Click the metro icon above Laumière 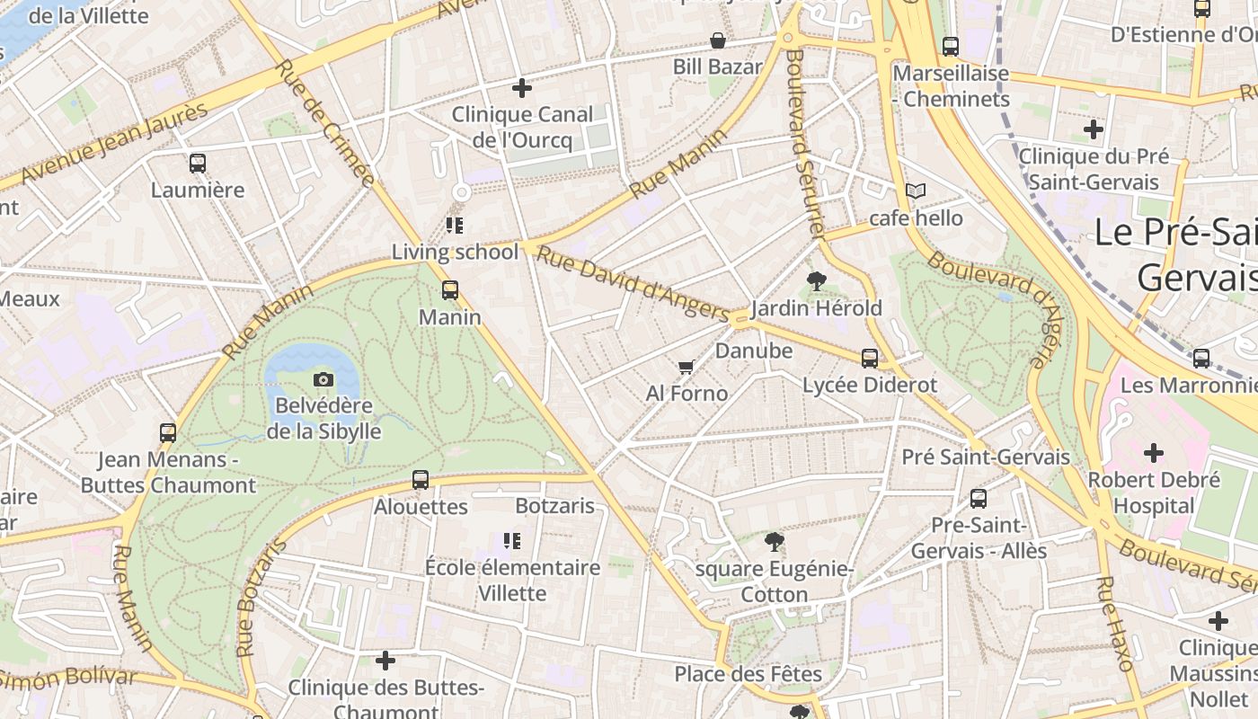[x=198, y=164]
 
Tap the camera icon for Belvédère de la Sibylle [x=323, y=379]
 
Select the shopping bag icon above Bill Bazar [x=718, y=40]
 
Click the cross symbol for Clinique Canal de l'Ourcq [x=521, y=88]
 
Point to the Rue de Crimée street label [x=324, y=123]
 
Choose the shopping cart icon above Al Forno [x=687, y=367]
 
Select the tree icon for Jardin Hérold [x=816, y=281]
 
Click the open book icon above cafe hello [x=916, y=191]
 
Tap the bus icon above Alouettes [x=421, y=480]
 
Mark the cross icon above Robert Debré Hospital [x=1154, y=453]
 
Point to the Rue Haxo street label [x=1113, y=624]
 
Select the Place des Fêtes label [x=748, y=673]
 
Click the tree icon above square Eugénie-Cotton [x=774, y=541]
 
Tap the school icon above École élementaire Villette [x=512, y=541]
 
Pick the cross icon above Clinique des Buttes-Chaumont [x=385, y=661]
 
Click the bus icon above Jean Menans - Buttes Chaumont [x=168, y=433]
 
